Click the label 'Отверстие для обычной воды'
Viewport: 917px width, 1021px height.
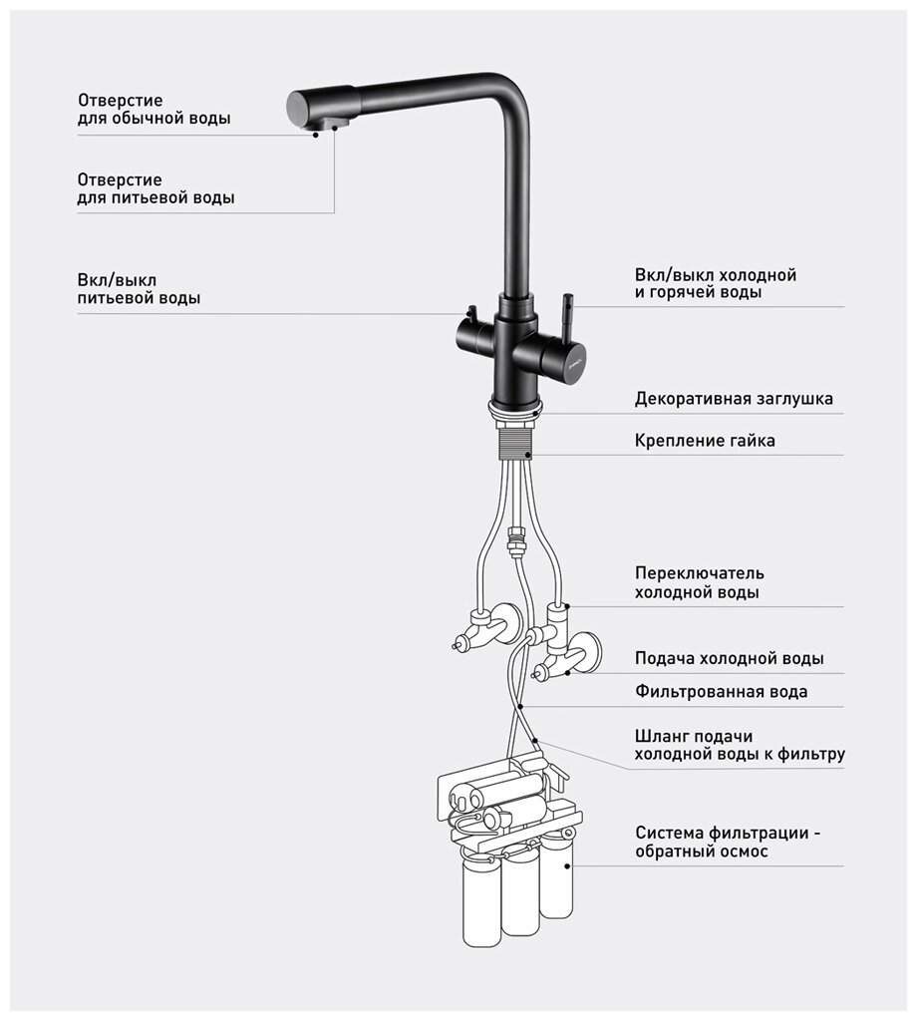point(153,109)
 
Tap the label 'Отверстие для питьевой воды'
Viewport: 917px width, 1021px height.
point(155,188)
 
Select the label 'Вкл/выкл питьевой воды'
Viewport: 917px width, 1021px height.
point(138,288)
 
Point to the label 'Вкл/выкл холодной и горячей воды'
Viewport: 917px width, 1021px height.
point(715,283)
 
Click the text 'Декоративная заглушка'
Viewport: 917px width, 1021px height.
point(734,399)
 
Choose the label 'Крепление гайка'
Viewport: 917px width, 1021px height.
point(704,440)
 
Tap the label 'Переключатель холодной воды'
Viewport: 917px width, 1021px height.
point(699,582)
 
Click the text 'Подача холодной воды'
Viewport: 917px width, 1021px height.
point(729,658)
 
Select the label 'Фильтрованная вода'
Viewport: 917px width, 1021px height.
point(721,691)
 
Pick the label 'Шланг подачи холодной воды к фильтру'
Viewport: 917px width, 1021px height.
point(739,745)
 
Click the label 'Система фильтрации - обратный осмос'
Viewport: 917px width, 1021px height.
point(733,843)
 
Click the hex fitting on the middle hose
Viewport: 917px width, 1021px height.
point(515,543)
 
